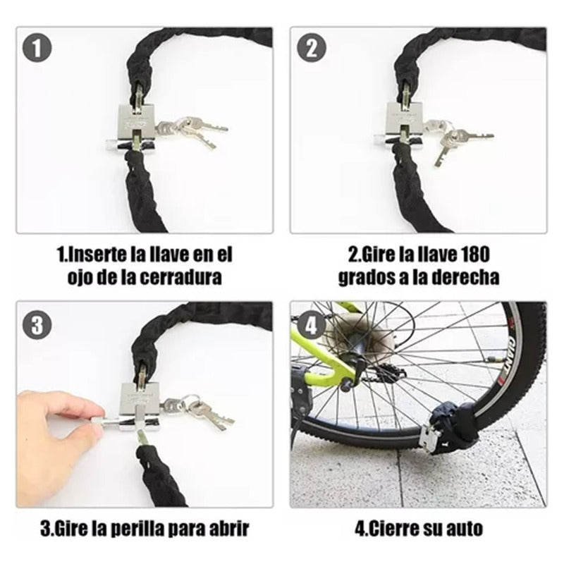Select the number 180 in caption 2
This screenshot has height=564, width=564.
pos(480,253)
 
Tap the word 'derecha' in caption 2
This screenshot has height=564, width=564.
pos(470,277)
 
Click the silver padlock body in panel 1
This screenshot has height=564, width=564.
pos(136,123)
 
